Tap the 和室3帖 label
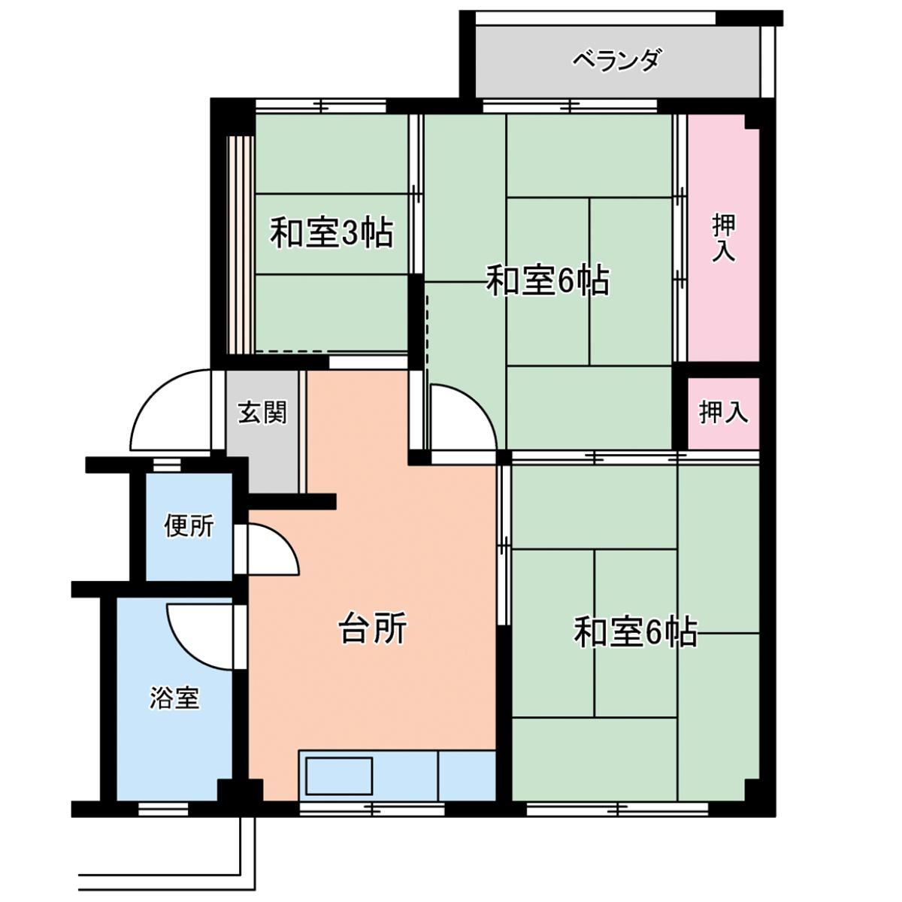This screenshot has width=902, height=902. click(331, 232)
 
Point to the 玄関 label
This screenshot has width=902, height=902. click(262, 413)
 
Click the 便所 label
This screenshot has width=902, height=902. click(189, 525)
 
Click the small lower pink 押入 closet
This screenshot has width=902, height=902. click(723, 413)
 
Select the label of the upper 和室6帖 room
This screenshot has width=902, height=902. click(548, 281)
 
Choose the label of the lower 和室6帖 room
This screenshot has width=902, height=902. click(636, 632)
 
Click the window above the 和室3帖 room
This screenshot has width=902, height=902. click(321, 105)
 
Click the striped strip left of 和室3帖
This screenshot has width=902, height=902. click(241, 245)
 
